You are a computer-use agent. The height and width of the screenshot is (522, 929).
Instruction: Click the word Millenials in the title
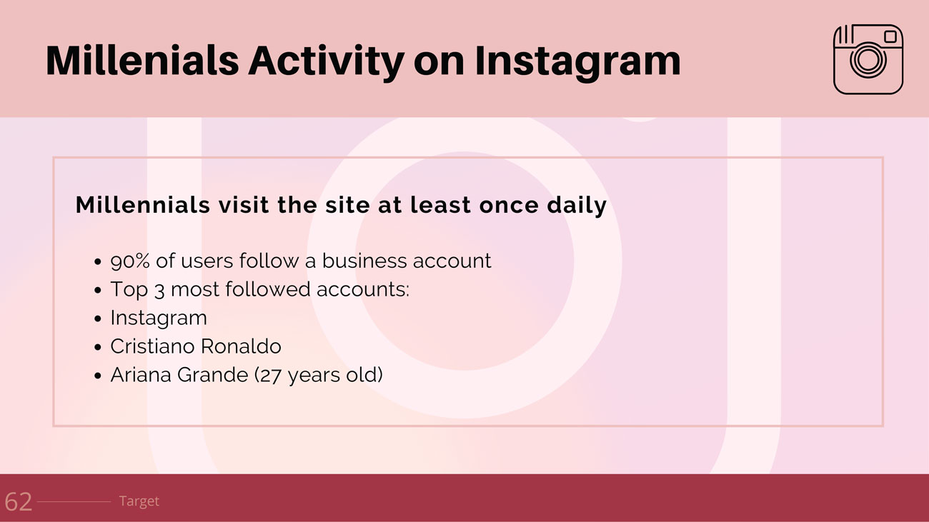point(142,61)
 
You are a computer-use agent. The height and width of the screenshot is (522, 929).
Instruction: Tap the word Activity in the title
point(326,63)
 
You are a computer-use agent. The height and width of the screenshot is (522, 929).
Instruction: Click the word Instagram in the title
point(577,63)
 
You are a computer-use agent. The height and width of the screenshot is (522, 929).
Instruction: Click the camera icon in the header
point(868,59)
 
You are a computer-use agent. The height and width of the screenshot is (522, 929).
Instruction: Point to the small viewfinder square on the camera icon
point(890,36)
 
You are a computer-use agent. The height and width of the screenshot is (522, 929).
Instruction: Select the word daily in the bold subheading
point(577,206)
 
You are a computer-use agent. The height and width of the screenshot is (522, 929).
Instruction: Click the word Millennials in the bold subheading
point(143,204)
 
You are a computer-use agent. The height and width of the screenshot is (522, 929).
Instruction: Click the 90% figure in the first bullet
point(130,261)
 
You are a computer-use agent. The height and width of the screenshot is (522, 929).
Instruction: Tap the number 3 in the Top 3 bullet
point(159,290)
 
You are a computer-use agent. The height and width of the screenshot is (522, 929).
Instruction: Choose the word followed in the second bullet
point(267,288)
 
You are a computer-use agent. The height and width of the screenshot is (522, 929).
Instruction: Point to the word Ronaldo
point(242,346)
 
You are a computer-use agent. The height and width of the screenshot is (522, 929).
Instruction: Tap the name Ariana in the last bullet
point(140,375)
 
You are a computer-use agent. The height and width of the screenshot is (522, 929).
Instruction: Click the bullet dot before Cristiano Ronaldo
point(98,347)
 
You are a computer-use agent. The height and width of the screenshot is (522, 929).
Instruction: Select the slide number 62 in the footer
point(19,502)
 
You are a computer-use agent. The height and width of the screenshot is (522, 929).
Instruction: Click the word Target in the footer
point(139,501)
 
